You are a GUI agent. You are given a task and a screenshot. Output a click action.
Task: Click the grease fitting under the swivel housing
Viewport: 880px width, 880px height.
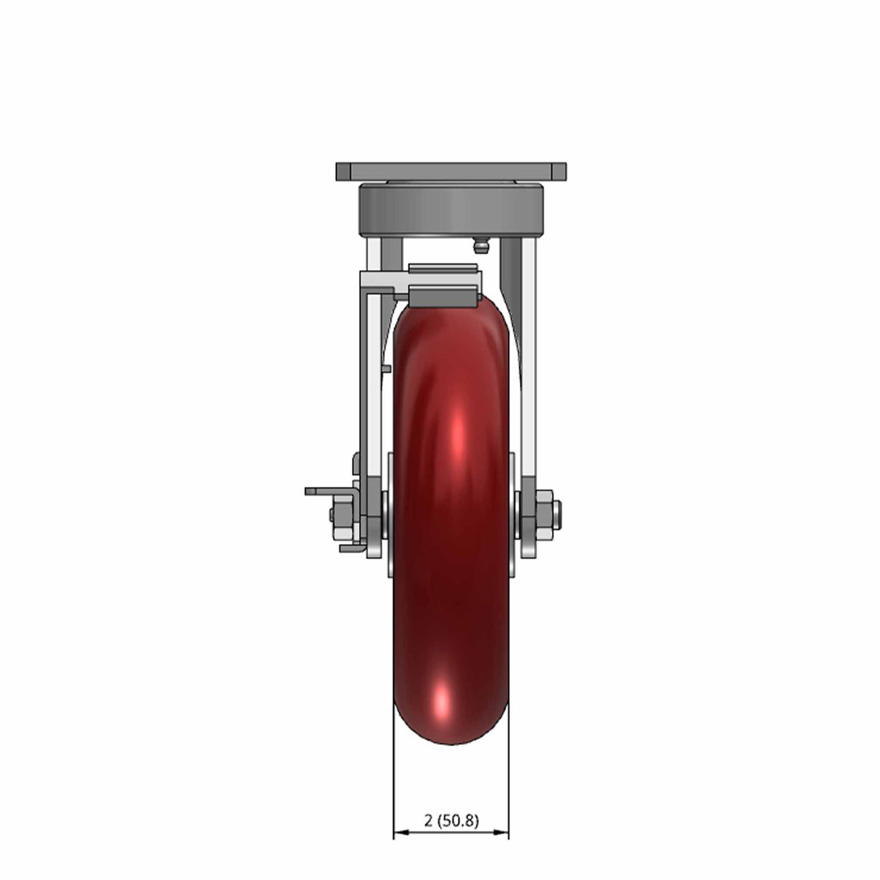click(x=480, y=247)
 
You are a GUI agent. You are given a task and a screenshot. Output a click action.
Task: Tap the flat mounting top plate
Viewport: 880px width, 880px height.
click(x=451, y=172)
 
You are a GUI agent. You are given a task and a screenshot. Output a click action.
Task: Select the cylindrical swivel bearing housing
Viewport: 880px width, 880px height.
click(x=451, y=210)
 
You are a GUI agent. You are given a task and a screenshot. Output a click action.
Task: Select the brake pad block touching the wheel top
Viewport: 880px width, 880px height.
click(x=443, y=296)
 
